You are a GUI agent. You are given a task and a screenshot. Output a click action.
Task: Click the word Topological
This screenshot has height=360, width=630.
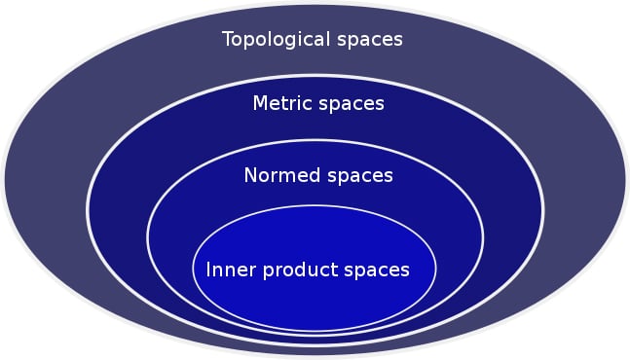point(276,40)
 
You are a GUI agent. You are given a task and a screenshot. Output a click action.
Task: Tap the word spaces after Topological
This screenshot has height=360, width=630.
point(367,40)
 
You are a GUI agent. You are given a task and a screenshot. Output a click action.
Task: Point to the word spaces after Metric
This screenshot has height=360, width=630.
point(352,103)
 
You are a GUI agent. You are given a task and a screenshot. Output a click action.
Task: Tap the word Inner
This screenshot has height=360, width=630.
point(227,269)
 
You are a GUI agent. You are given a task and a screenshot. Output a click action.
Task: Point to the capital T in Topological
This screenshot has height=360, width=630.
point(228,40)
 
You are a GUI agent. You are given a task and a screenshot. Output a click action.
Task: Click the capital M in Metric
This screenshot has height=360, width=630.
point(260,103)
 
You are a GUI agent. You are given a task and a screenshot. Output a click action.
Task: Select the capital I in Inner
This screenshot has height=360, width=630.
point(208,269)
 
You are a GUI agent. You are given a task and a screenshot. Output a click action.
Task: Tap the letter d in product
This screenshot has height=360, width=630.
point(301,269)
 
